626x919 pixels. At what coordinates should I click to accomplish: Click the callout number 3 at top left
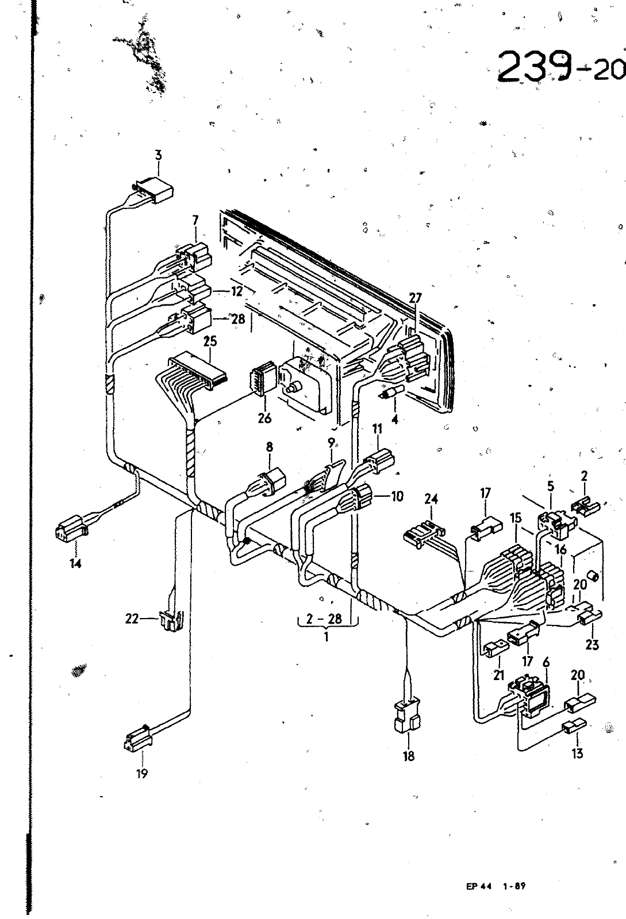159,156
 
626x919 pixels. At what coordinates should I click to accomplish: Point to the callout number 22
132,618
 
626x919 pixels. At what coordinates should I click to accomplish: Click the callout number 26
264,418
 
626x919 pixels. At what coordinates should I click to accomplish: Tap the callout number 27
416,298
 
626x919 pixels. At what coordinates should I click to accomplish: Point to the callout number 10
397,496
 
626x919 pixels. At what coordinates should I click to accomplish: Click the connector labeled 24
424,534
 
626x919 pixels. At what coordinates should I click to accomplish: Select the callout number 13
577,753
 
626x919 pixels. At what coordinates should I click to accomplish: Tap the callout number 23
592,645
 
